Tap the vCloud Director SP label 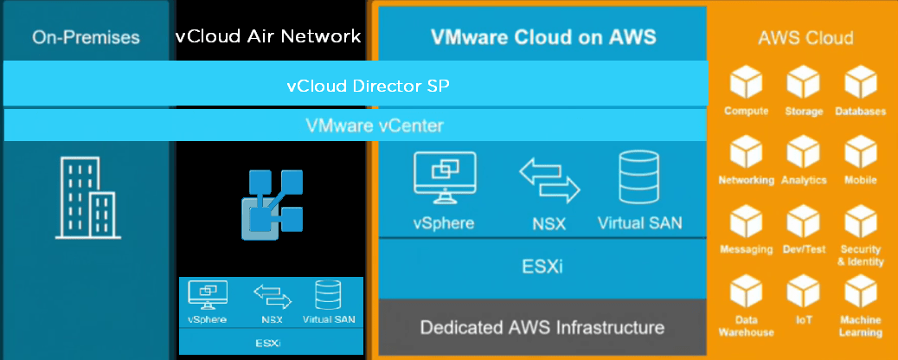pyautogui.click(x=368, y=87)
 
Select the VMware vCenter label pyautogui.click(x=375, y=125)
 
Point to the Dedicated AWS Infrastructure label pyautogui.click(x=542, y=328)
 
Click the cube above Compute pyautogui.click(x=746, y=85)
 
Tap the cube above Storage pyautogui.click(x=803, y=85)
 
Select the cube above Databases pyautogui.click(x=860, y=85)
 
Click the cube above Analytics pyautogui.click(x=803, y=154)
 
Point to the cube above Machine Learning pyautogui.click(x=860, y=292)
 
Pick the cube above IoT pyautogui.click(x=803, y=292)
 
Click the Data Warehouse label pyautogui.click(x=746, y=326)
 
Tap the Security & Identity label pyautogui.click(x=860, y=255)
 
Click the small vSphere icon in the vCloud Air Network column pyautogui.click(x=208, y=295)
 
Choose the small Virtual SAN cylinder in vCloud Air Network pyautogui.click(x=328, y=294)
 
